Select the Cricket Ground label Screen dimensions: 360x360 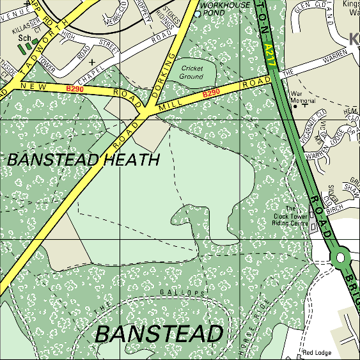192,72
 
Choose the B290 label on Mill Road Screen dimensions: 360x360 211,93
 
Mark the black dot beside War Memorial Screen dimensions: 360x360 295,106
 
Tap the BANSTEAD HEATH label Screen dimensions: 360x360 83,160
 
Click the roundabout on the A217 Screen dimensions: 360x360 340,257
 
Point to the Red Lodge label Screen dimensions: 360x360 317,352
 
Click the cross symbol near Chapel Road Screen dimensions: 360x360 93,62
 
